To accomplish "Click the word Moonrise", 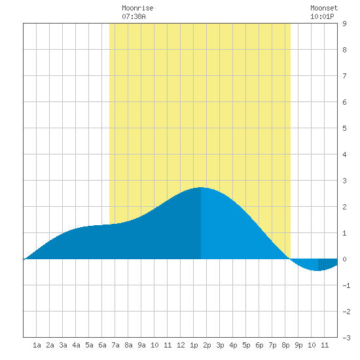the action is pos(137,8).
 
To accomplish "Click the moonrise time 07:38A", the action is pos(134,16).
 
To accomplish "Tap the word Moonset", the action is pos(324,8).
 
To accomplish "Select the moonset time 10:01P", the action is pos(322,16).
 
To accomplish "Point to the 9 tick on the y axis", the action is pos(344,24).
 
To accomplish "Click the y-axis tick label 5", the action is pos(344,128).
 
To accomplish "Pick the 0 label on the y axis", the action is pos(344,259).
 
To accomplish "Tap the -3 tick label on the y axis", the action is pos(346,338).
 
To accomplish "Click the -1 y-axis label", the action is pos(346,285).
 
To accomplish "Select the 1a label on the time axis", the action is pos(37,345).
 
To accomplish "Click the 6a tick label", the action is pos(102,345).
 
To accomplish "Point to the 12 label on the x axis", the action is pos(181,345).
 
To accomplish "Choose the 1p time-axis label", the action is pos(194,345).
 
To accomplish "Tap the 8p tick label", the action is pos(285,345).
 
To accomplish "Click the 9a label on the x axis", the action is pos(141,345).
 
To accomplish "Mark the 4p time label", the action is pos(233,345).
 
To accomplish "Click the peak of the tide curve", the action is pos(201,187).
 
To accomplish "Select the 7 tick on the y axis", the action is pos(344,76).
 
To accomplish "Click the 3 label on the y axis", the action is pos(344,181).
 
